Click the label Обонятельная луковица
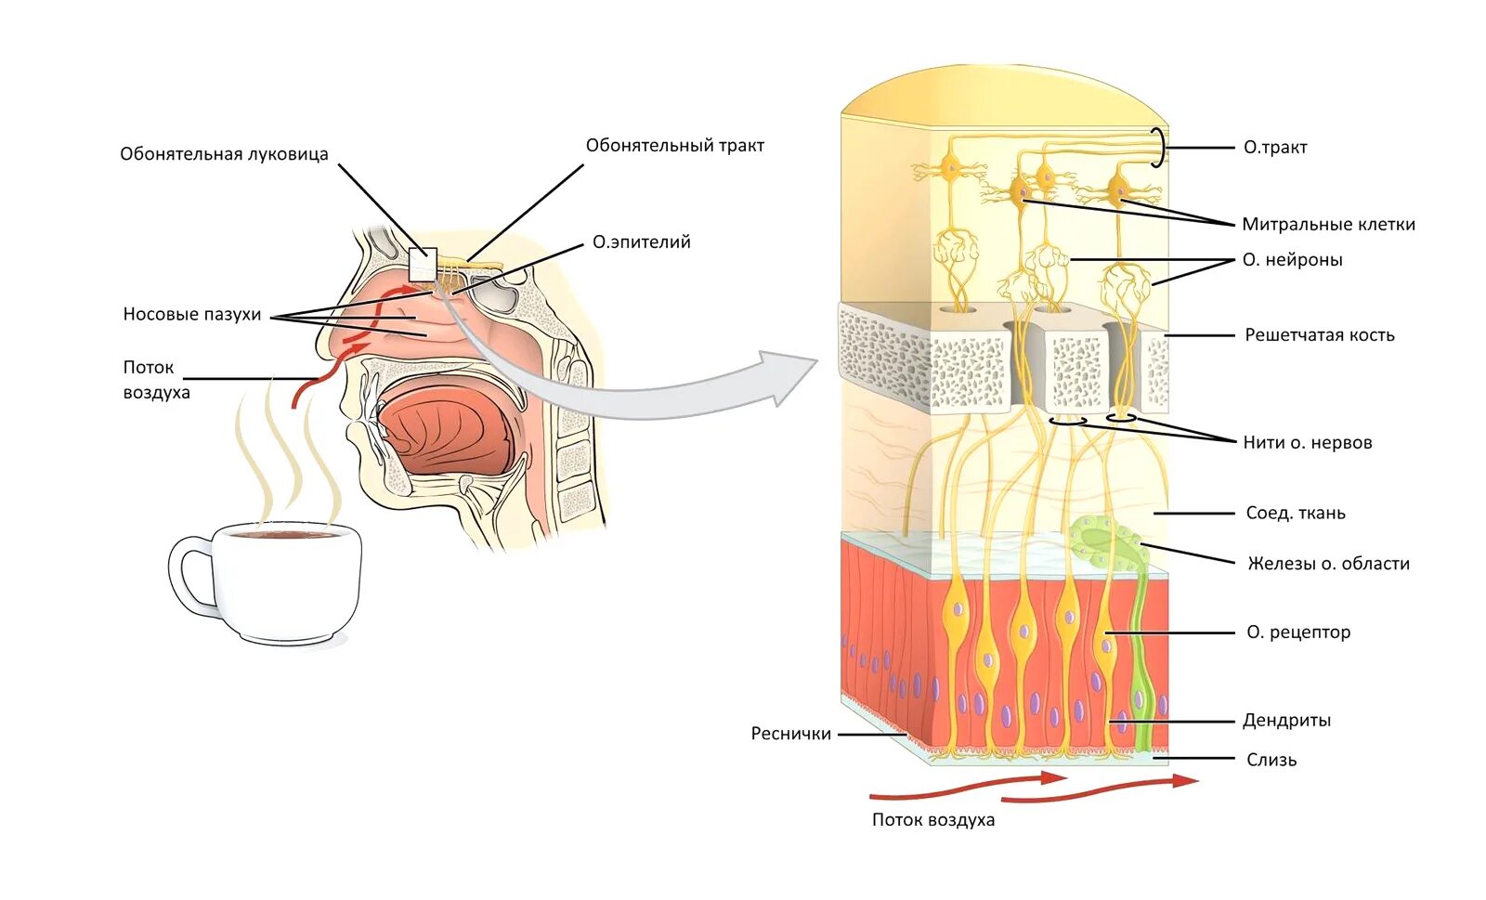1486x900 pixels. coord(224,154)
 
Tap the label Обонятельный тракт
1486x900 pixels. coord(674,146)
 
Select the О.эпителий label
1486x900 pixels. coord(641,242)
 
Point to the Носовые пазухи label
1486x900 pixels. coord(192,315)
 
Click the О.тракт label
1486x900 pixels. coord(1274,148)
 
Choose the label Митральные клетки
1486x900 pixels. coord(1328,224)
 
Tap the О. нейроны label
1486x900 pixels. coord(1292,260)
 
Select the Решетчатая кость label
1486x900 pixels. coord(1319,335)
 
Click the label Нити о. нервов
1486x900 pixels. coord(1307,443)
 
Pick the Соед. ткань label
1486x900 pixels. coord(1295,513)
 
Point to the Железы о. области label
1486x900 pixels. coord(1328,564)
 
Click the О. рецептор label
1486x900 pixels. coord(1297,633)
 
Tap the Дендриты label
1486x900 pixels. coord(1286,721)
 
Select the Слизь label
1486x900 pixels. coord(1271,760)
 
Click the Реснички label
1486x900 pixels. coord(790,734)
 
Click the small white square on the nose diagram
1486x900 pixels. coord(423,265)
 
